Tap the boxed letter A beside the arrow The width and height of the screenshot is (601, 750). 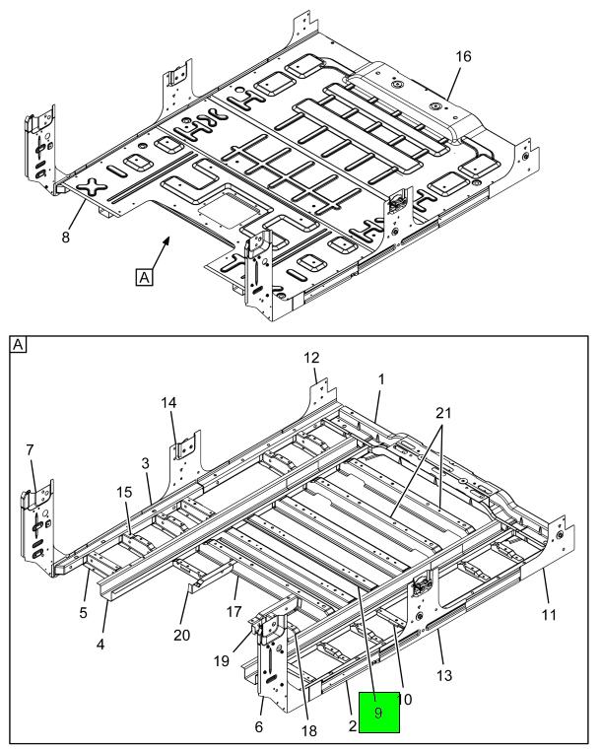pyautogui.click(x=145, y=279)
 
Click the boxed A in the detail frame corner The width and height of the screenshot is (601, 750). pyautogui.click(x=19, y=344)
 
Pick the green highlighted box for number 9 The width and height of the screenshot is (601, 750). pyautogui.click(x=379, y=713)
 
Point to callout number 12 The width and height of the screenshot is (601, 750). pyautogui.click(x=311, y=357)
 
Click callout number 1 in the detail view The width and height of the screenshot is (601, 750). pyautogui.click(x=381, y=378)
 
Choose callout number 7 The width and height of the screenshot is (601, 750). pyautogui.click(x=30, y=450)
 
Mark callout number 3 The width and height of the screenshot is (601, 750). pyautogui.click(x=145, y=462)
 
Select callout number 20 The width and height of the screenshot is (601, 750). pyautogui.click(x=181, y=635)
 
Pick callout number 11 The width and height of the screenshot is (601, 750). pyautogui.click(x=549, y=614)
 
